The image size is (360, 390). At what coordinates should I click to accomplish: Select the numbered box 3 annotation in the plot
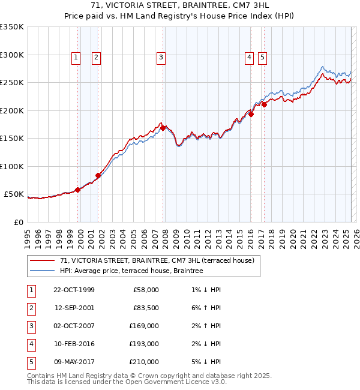coord(161,58)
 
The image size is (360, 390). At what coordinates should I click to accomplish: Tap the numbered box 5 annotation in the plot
coord(263,58)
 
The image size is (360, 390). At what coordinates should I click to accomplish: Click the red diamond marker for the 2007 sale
coord(163,128)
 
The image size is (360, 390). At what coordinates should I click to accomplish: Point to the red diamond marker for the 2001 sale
coord(98,176)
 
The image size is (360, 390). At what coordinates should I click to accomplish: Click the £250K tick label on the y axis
coord(12,83)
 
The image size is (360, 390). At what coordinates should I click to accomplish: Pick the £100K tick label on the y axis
coord(12,166)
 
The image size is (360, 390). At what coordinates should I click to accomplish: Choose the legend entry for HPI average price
coord(131,271)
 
